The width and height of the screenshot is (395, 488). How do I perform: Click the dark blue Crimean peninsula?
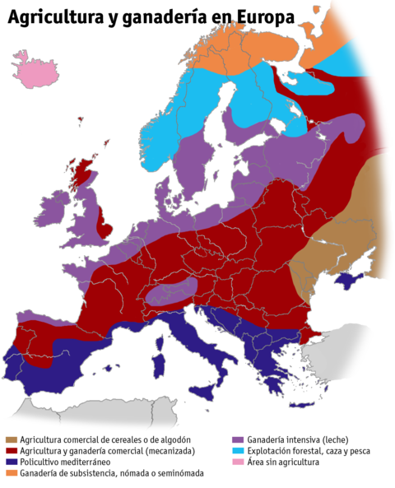(x=344, y=282)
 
